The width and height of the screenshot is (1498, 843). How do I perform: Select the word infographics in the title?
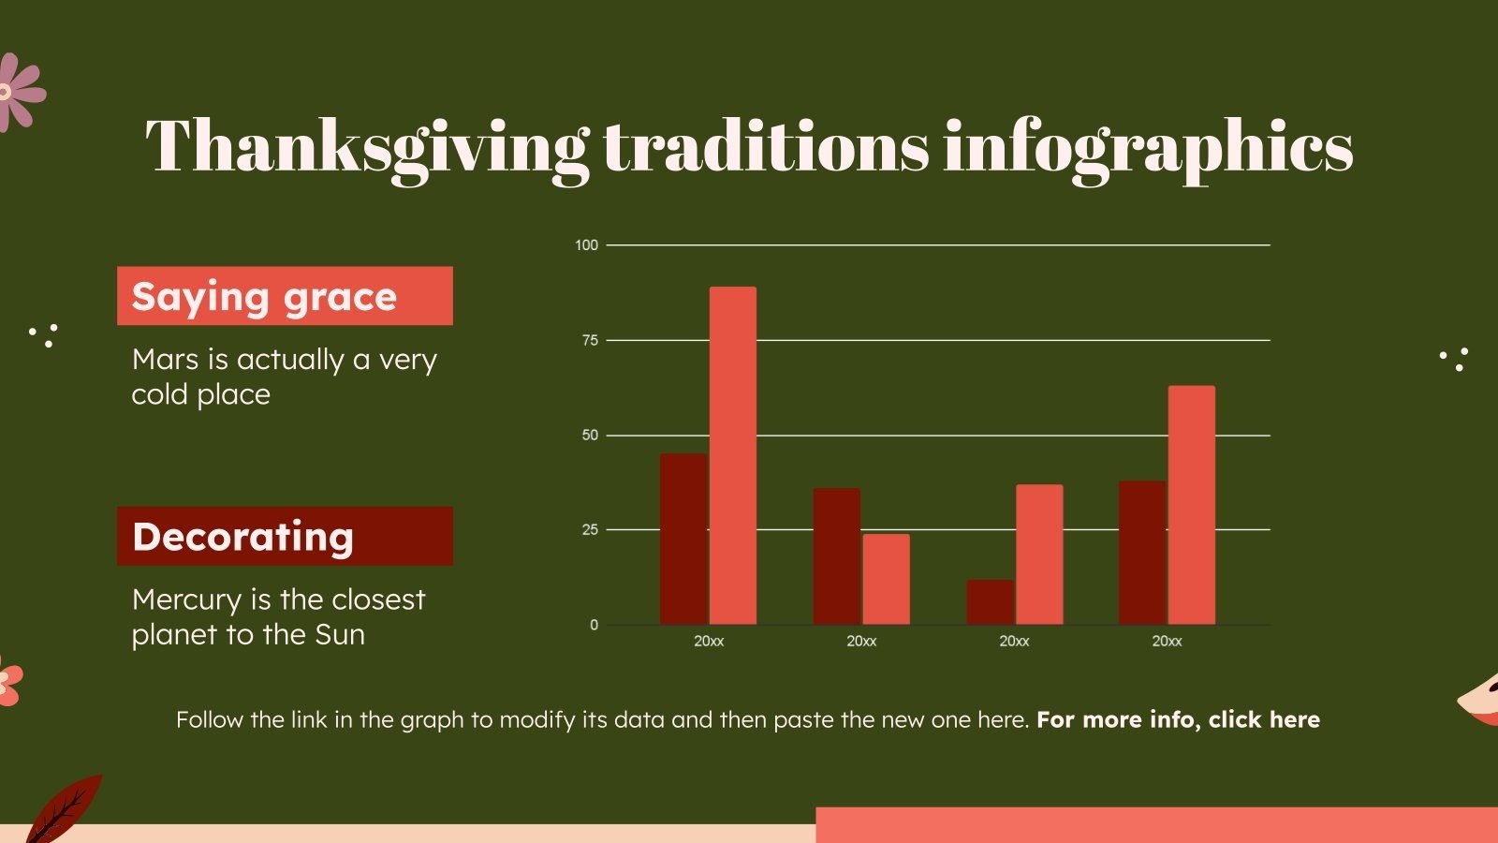click(x=1148, y=147)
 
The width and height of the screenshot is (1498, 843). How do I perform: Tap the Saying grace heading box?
click(x=285, y=296)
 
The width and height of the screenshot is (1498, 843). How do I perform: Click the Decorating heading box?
click(x=285, y=536)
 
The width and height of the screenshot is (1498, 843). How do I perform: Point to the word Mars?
click(x=165, y=360)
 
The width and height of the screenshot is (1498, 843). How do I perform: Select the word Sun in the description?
click(x=339, y=634)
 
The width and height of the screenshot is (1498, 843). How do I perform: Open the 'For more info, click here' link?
click(x=1178, y=719)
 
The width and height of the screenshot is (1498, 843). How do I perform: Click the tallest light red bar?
click(x=732, y=455)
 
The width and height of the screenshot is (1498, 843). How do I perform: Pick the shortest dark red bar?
click(x=990, y=602)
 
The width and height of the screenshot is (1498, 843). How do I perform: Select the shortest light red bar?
click(x=886, y=579)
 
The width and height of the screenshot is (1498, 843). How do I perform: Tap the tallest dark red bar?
click(x=683, y=539)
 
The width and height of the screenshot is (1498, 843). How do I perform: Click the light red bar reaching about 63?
click(x=1191, y=505)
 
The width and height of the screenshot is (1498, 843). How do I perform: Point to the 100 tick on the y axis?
click(x=586, y=245)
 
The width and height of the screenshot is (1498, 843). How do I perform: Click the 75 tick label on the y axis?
click(x=589, y=340)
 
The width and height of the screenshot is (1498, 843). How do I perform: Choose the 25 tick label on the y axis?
click(x=589, y=529)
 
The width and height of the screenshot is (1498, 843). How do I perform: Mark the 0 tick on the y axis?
click(x=594, y=625)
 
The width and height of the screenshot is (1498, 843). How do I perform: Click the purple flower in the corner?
click(x=19, y=92)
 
